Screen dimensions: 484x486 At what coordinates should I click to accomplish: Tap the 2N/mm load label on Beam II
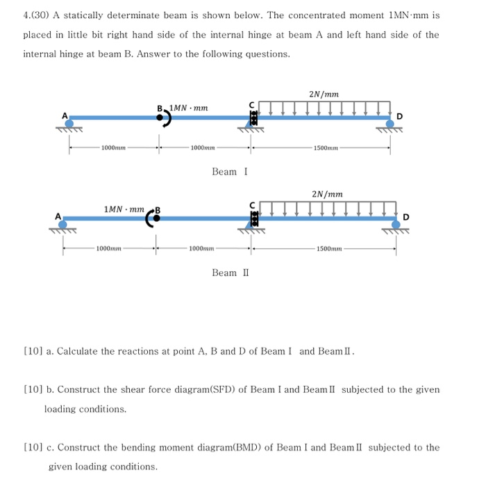click(327, 195)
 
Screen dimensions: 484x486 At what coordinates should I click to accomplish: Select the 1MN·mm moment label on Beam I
click(188, 108)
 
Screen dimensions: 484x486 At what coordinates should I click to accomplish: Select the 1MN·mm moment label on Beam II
click(124, 209)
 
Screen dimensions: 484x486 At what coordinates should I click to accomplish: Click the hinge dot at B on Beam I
click(160, 118)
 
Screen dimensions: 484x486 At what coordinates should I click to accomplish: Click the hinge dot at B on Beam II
click(156, 218)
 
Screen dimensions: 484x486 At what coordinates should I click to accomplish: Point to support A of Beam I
click(69, 123)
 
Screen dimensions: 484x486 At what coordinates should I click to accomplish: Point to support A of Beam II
click(63, 224)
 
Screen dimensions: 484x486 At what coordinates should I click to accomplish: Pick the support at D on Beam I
click(390, 124)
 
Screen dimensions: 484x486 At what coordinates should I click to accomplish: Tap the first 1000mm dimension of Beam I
click(113, 147)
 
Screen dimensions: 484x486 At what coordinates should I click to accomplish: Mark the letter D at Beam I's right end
click(400, 114)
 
